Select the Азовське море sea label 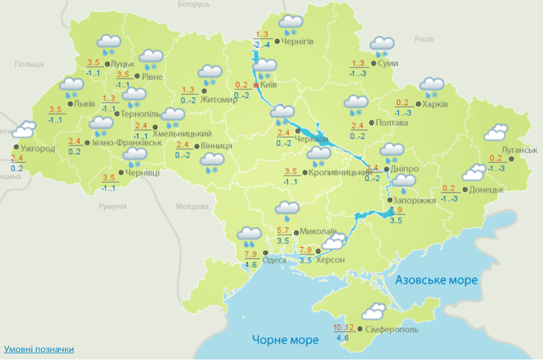click(436, 280)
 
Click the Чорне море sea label click(285, 340)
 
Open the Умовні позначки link click(39, 349)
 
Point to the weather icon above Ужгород click(23, 131)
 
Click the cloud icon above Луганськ click(497, 132)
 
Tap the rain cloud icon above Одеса click(249, 236)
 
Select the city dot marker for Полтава click(371, 123)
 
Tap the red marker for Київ click(255, 85)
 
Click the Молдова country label click(192, 207)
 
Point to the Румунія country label click(112, 207)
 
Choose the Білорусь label click(194, 4)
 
